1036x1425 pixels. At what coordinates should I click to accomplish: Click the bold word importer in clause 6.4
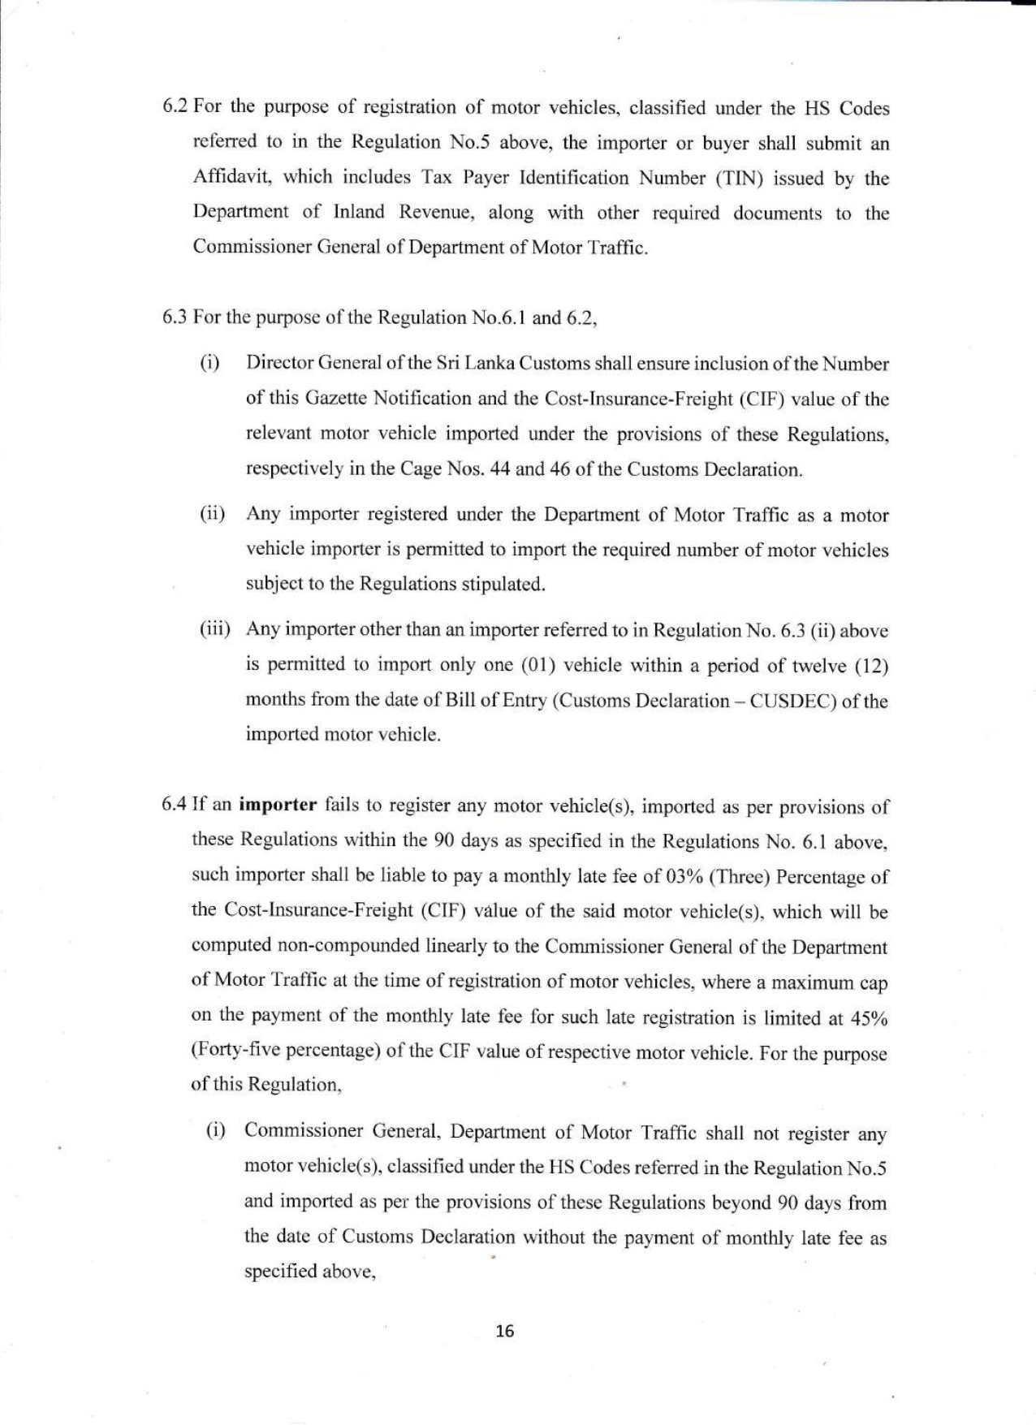click(279, 805)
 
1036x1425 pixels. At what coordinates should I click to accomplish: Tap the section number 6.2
click(175, 108)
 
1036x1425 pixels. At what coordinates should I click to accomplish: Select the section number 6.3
click(175, 317)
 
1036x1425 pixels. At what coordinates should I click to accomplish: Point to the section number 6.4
click(175, 805)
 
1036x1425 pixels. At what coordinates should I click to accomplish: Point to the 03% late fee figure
click(667, 877)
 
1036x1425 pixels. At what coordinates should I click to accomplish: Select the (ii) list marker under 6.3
click(213, 515)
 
